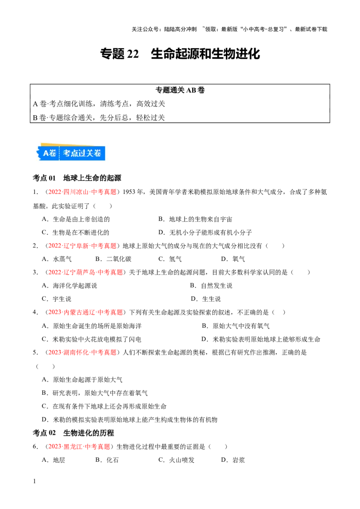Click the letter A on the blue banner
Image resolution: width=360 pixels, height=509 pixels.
tap(46, 153)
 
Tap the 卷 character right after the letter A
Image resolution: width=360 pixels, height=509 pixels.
tap(53, 153)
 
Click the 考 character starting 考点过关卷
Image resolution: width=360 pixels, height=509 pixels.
tap(67, 153)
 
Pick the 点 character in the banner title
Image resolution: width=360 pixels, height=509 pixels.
tap(76, 153)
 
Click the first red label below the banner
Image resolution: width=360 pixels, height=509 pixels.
tap(83, 192)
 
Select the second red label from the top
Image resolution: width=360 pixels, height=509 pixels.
tap(83, 246)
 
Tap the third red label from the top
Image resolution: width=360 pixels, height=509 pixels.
tap(85, 272)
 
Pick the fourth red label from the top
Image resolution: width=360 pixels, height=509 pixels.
tap(85, 312)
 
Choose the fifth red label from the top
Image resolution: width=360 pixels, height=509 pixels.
tap(83, 353)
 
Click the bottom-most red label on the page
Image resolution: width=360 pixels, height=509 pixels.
tap(79, 446)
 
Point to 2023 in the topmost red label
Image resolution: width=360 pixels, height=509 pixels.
tap(54, 192)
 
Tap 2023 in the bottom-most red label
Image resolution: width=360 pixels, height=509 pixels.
tap(54, 446)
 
